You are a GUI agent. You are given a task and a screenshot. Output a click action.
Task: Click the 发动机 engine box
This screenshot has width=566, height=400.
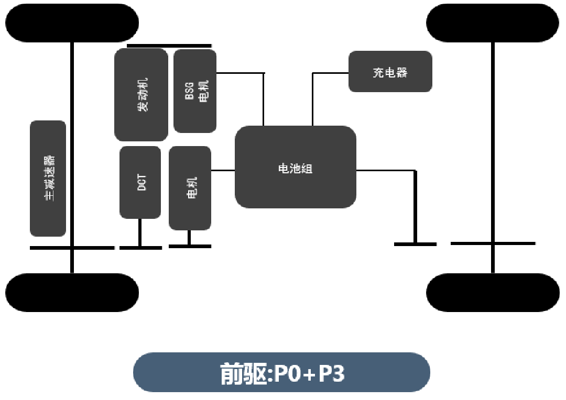click(x=141, y=95)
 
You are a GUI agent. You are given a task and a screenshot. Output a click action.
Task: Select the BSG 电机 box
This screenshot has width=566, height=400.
click(x=195, y=91)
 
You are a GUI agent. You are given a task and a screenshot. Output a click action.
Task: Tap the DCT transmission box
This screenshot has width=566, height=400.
click(x=140, y=182)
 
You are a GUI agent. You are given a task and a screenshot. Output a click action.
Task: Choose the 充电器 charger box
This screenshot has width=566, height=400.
click(x=390, y=72)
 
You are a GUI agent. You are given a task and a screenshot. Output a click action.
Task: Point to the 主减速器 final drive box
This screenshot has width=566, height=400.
click(x=48, y=178)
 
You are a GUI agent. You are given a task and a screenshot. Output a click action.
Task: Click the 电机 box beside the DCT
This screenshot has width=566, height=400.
click(x=190, y=187)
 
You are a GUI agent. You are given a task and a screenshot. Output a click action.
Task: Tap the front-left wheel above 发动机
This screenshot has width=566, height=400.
click(x=72, y=23)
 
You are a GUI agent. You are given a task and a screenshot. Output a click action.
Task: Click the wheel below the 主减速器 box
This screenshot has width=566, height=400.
click(x=72, y=293)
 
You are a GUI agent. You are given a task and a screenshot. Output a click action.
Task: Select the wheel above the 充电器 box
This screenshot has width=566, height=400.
click(x=493, y=23)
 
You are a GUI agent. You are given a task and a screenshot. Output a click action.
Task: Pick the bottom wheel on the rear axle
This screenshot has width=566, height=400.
click(x=493, y=293)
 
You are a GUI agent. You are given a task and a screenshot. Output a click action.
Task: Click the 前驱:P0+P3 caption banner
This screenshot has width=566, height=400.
click(x=281, y=372)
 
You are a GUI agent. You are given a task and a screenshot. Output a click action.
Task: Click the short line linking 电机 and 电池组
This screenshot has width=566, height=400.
click(x=223, y=170)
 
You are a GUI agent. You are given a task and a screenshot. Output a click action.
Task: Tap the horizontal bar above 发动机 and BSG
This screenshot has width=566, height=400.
click(x=169, y=46)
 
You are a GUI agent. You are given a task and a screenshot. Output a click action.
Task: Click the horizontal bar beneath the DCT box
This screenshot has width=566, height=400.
click(x=140, y=247)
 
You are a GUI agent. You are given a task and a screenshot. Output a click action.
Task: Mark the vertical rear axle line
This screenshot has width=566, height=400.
click(x=493, y=157)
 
